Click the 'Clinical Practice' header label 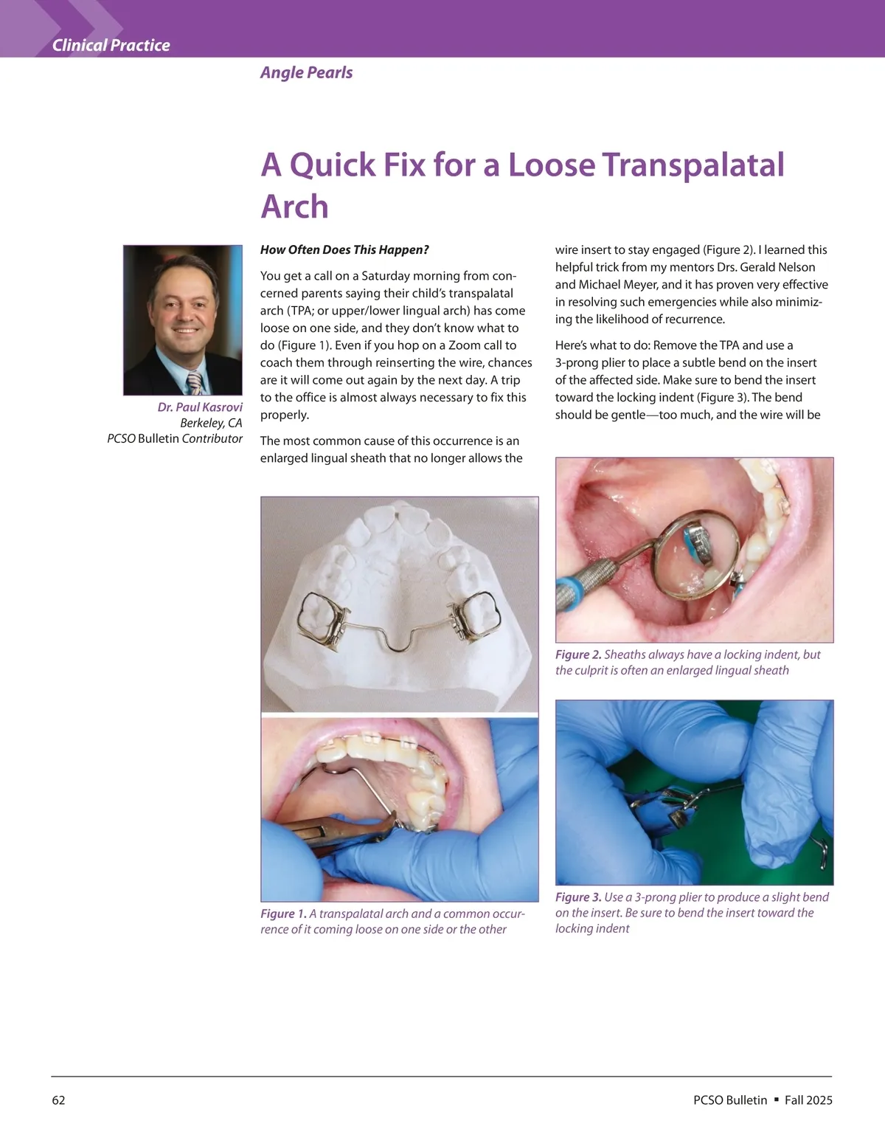tap(111, 46)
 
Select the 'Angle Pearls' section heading tap(306, 72)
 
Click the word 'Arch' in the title tap(294, 207)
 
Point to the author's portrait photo tap(183, 320)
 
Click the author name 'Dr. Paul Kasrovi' tap(200, 407)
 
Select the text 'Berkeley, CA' tap(211, 423)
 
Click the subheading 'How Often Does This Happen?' tap(344, 250)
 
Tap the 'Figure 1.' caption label tap(283, 914)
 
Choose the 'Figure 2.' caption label tap(578, 655)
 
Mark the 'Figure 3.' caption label tap(578, 897)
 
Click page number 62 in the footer tap(58, 1100)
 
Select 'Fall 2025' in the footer tap(808, 1100)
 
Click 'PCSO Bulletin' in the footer tap(730, 1100)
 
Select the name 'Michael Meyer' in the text tap(617, 285)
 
